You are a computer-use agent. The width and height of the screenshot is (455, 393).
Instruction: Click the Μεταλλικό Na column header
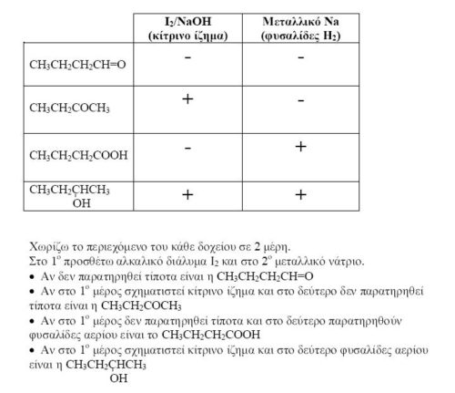coord(300,27)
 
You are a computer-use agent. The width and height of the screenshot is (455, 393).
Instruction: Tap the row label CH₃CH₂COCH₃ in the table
coord(69,109)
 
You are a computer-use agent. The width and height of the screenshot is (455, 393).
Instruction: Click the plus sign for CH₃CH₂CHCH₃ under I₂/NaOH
coord(187,194)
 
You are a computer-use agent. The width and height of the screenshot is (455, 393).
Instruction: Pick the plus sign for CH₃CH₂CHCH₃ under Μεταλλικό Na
coord(300,194)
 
